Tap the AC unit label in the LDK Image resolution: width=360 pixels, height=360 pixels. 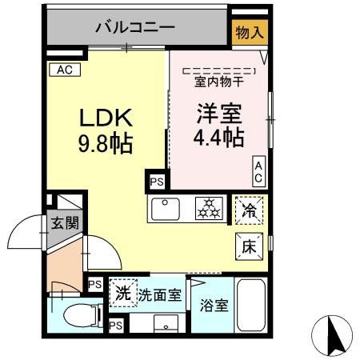(66, 70)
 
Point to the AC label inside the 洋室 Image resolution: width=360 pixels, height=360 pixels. (259, 170)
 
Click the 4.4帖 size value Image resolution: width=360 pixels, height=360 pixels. (218, 138)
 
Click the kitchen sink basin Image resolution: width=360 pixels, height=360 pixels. (167, 210)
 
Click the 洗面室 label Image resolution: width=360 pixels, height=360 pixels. (160, 294)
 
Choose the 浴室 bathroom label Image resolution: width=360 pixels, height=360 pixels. (211, 305)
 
